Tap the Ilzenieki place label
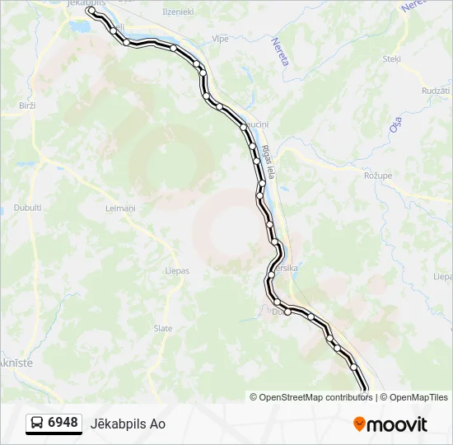(x=178, y=12)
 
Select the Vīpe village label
(x=221, y=39)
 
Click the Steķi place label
(x=391, y=59)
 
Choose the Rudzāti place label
(x=436, y=91)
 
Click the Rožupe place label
(x=378, y=176)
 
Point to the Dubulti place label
(x=27, y=208)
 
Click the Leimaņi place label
(x=120, y=208)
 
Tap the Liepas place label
(x=177, y=270)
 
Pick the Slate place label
(x=163, y=328)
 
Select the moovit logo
(x=390, y=424)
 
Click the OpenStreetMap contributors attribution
(x=311, y=397)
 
